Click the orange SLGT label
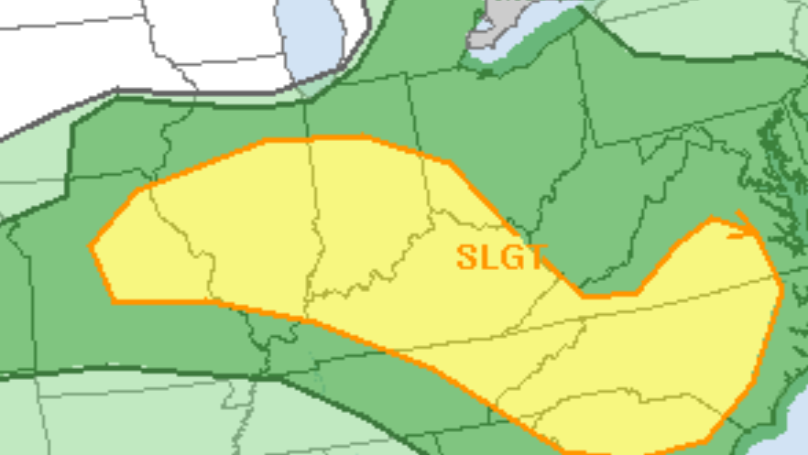502,257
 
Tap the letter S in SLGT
467,257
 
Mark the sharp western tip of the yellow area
92,246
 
